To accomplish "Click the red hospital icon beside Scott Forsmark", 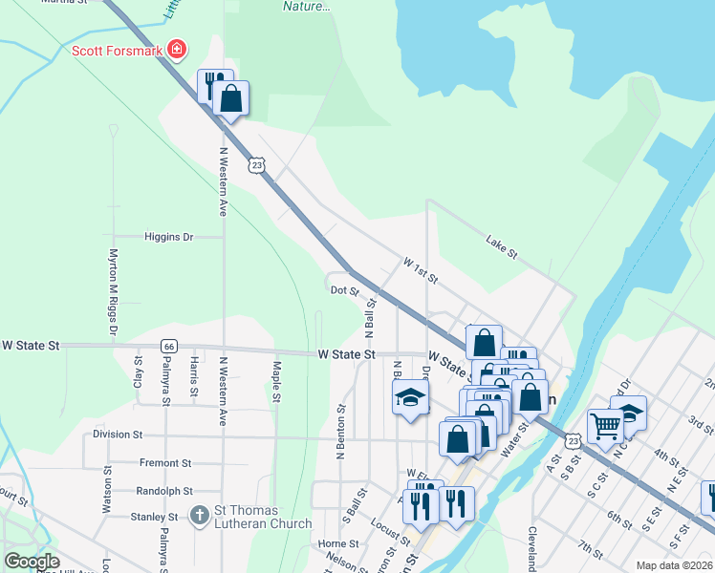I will click(176, 49).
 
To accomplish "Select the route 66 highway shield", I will click(168, 345).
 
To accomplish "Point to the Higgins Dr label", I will click(169, 237).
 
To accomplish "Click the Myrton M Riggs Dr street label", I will click(113, 292).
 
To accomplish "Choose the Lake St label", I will click(501, 246).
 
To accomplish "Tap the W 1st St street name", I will click(420, 270).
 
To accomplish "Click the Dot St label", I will click(344, 290).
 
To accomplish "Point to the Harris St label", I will click(194, 377).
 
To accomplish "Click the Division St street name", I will click(118, 434).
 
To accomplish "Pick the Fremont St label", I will click(165, 462).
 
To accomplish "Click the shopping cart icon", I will click(605, 427).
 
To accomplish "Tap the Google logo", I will click(32, 562).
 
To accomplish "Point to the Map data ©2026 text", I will click(674, 565).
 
